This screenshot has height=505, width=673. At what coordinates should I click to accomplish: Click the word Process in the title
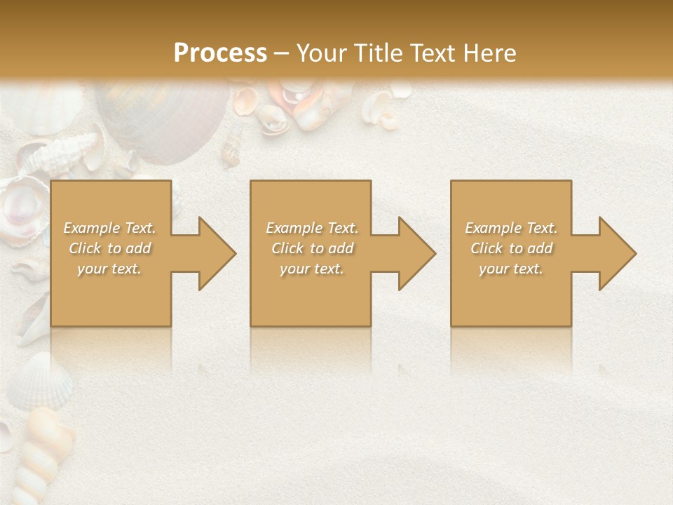[220, 53]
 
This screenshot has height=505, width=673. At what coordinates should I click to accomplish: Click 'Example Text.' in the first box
[110, 228]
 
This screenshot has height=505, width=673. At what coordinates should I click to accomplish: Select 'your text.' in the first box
[110, 269]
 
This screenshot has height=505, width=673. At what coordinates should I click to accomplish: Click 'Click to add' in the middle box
[312, 248]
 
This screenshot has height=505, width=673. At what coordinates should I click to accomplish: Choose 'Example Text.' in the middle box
[312, 228]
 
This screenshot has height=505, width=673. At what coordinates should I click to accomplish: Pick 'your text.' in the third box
[511, 269]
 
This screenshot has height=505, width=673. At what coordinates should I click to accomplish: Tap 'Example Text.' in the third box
[511, 228]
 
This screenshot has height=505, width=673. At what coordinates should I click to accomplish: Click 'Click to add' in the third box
[511, 248]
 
